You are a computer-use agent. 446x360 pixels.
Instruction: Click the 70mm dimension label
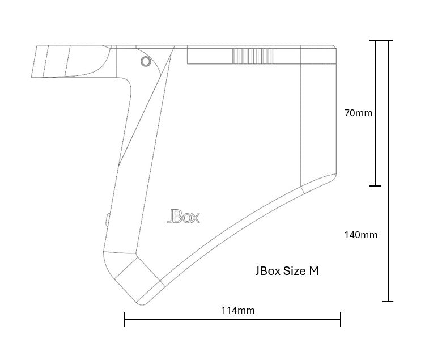coord(358,113)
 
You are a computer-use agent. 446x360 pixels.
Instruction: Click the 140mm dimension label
coord(361,235)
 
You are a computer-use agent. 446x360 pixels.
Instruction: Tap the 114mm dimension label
coord(238,310)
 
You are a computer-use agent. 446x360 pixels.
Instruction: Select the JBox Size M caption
coord(287,271)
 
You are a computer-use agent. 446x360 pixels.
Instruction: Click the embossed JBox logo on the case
coord(184,217)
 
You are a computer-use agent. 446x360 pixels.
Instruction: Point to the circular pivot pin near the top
coord(146,61)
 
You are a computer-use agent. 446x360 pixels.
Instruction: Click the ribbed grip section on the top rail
coord(253,56)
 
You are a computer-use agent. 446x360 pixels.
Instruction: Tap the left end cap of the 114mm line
coord(124,319)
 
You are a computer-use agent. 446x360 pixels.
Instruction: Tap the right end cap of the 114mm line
coord(341,319)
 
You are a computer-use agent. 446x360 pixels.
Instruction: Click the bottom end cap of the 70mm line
coord(376,186)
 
